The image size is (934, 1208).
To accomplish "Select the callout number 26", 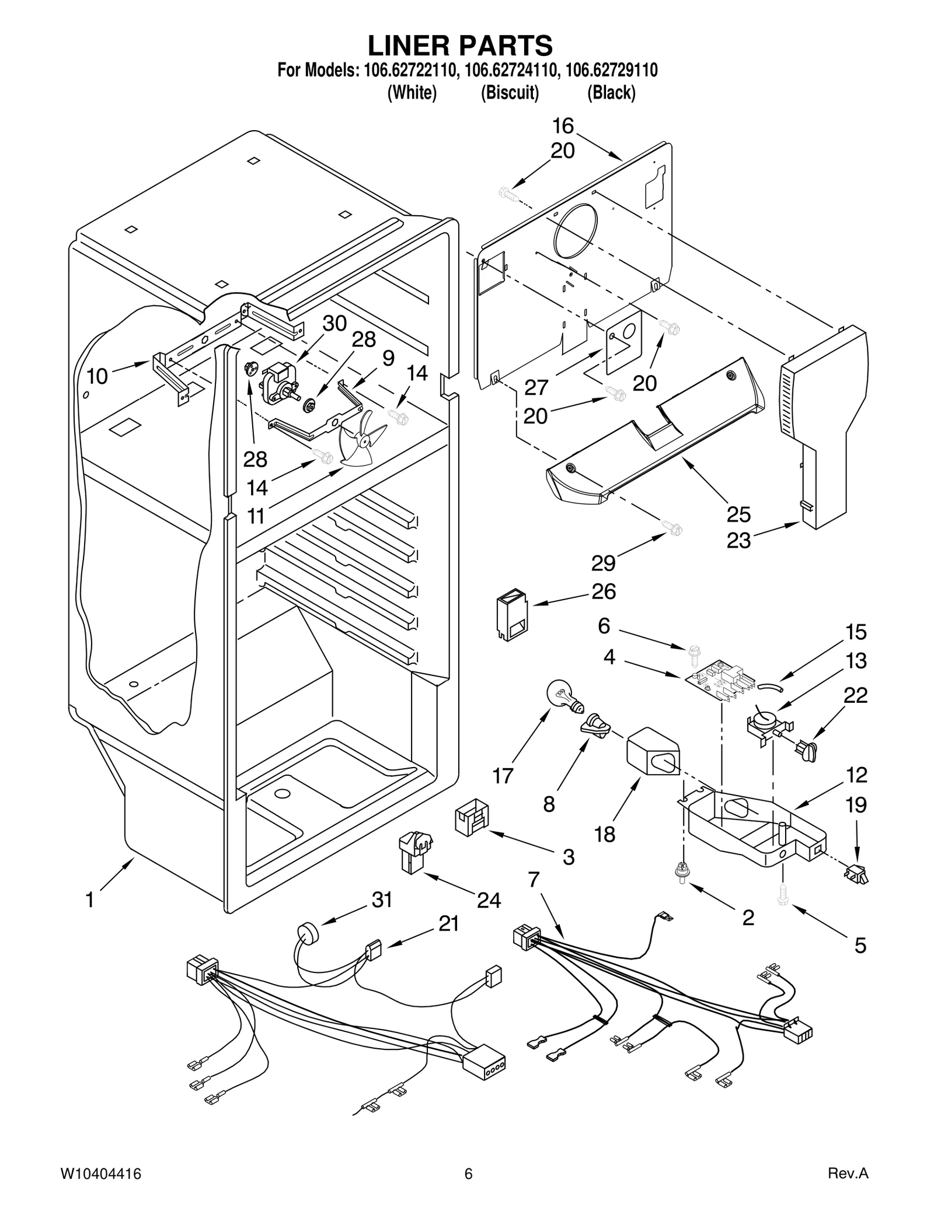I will (x=604, y=591).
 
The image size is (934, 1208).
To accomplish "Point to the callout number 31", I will (x=382, y=900).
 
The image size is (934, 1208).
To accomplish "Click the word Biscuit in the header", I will (x=509, y=93).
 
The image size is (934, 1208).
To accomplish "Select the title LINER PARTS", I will (x=460, y=45).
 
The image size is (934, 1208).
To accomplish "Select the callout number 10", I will (x=97, y=377).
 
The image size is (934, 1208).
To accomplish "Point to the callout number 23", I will (x=738, y=541).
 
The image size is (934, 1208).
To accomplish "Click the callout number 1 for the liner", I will (x=89, y=900).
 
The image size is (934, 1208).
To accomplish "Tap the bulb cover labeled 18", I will (x=653, y=750).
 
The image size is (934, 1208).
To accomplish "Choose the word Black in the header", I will (x=611, y=93).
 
